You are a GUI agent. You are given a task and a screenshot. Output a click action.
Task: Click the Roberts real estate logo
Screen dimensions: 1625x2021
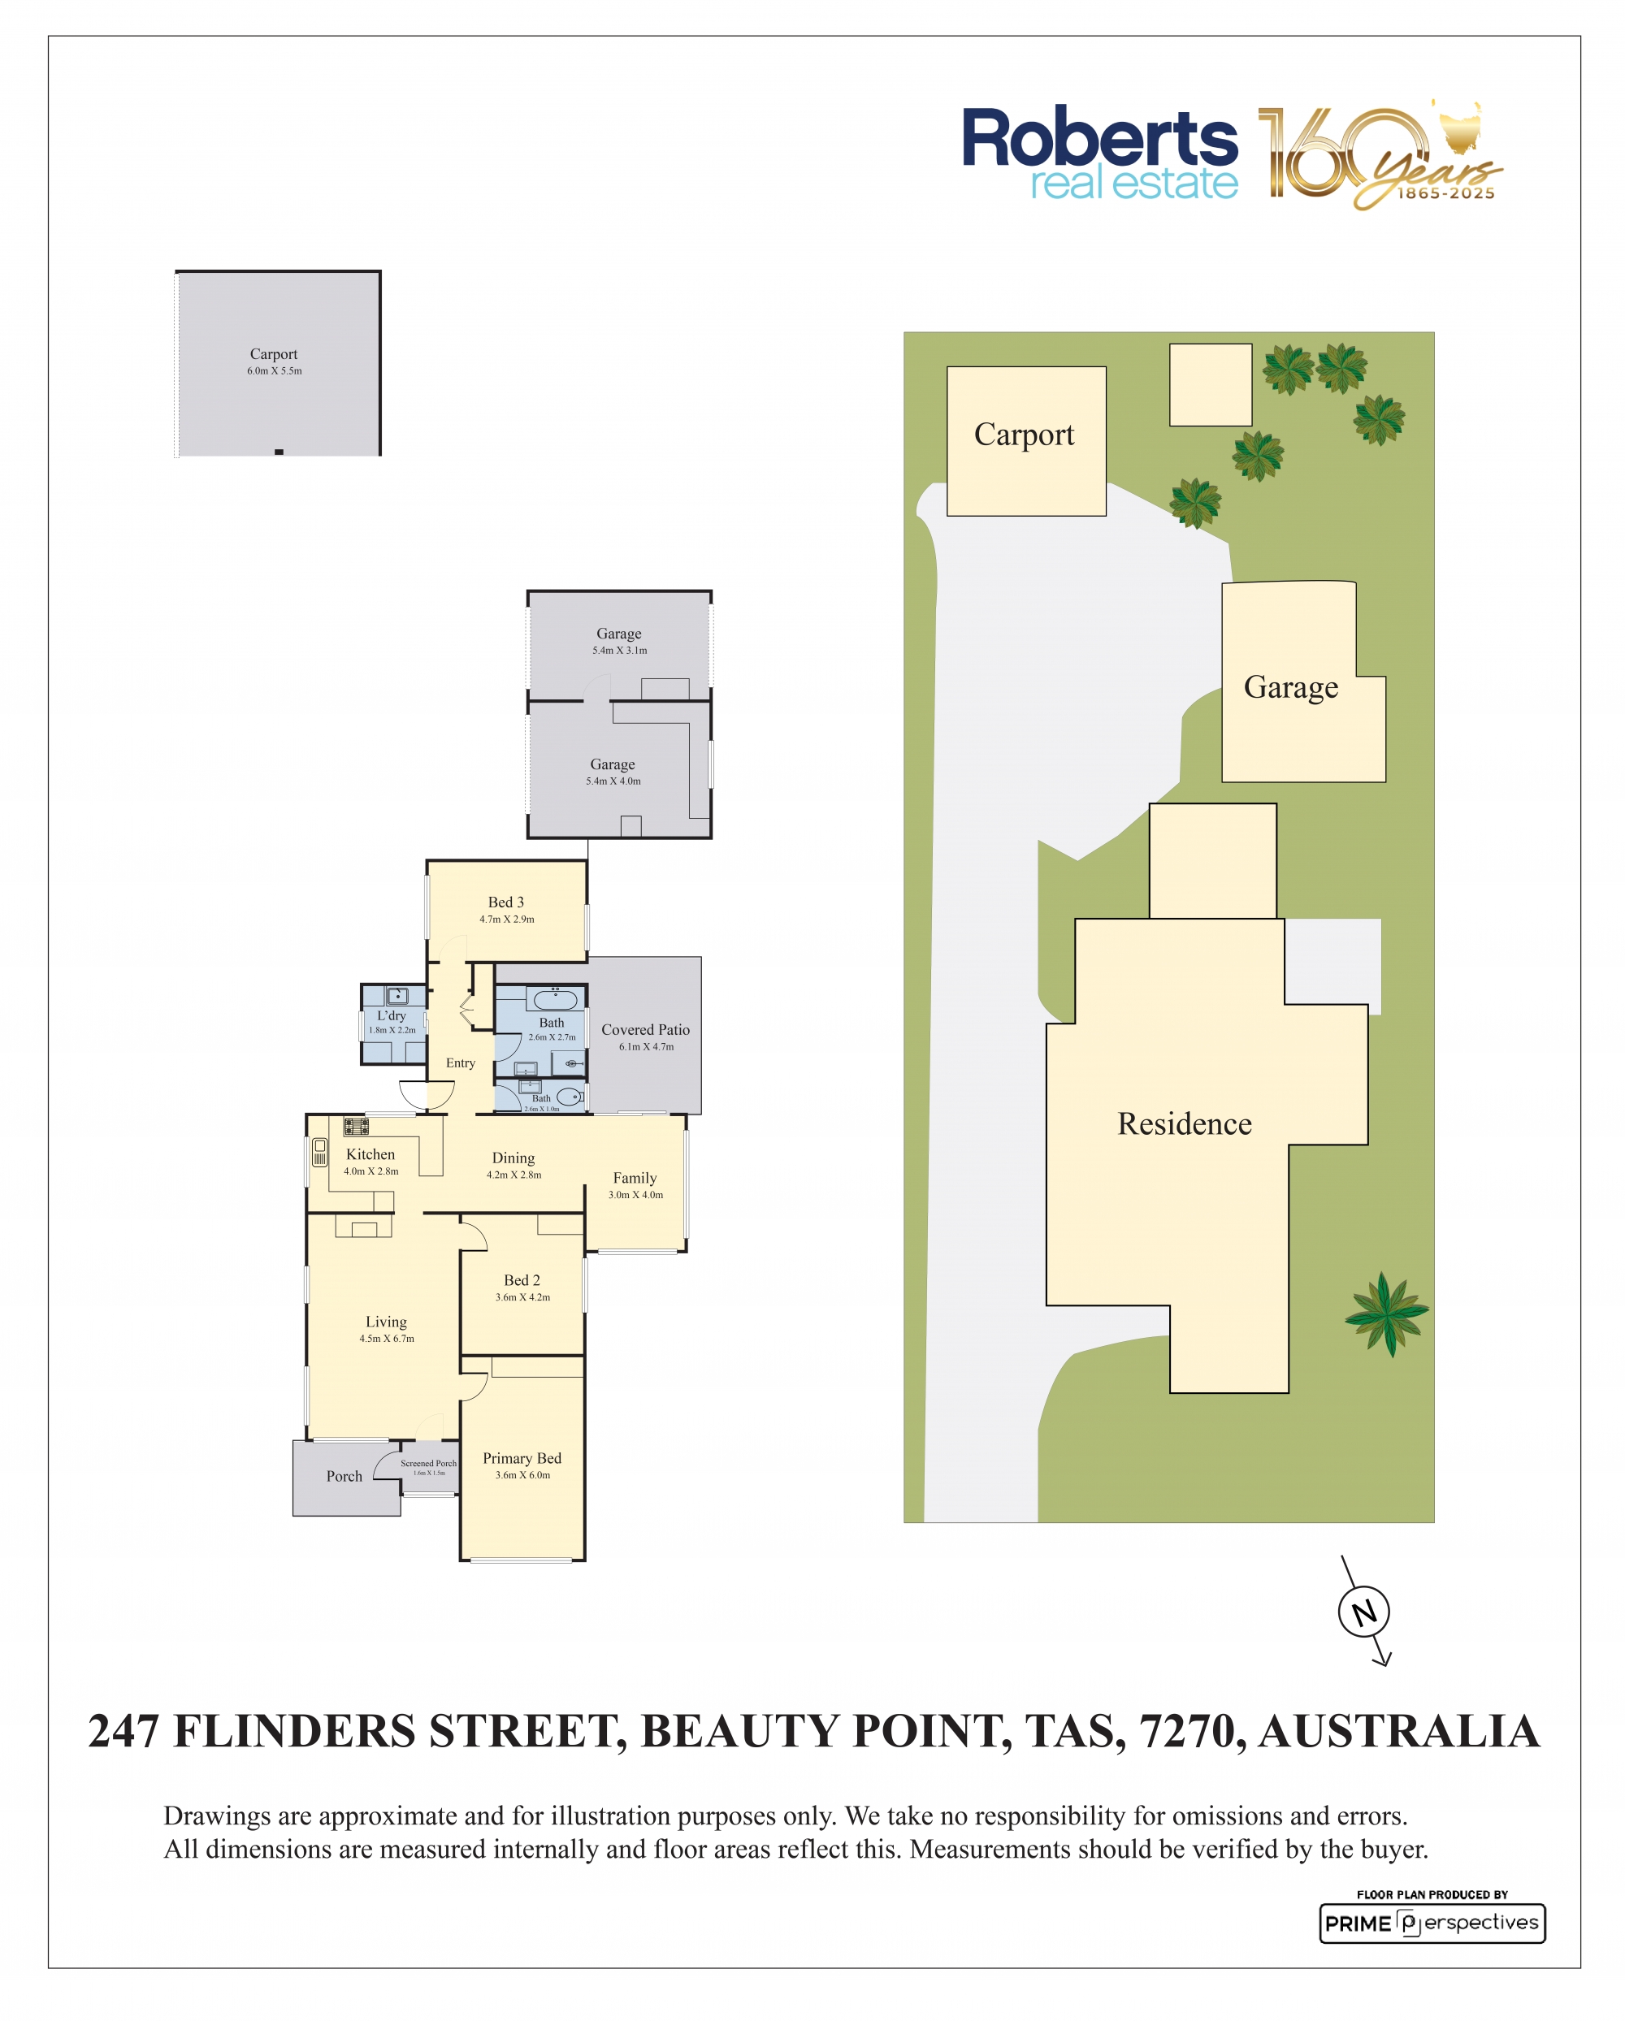tap(1099, 153)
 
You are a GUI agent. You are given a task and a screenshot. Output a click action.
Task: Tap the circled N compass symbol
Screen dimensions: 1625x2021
tap(1363, 1612)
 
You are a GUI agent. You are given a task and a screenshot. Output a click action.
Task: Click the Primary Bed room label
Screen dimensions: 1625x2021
tap(522, 1457)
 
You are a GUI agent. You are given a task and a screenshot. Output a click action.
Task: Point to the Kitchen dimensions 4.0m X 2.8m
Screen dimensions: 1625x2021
tap(370, 1171)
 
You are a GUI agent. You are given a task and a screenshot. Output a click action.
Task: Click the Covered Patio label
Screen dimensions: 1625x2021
tap(645, 1029)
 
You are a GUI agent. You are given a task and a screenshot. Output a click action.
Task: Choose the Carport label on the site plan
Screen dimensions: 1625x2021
tap(1024, 435)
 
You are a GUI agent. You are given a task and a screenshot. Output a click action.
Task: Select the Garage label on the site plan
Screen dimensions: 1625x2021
tap(1290, 687)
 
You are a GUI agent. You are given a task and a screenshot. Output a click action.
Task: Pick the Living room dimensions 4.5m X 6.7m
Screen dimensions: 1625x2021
tap(386, 1339)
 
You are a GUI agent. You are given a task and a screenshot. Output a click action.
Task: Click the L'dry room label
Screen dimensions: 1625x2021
tap(391, 1015)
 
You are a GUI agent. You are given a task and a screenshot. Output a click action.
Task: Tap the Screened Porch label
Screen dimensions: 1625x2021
tap(428, 1462)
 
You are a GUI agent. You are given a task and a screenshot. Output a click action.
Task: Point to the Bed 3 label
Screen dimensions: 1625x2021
tap(505, 902)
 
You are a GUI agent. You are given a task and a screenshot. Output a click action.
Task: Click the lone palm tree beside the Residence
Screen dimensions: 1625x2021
tap(1386, 1313)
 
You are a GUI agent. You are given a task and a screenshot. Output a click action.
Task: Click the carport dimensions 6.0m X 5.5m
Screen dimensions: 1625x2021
tap(275, 370)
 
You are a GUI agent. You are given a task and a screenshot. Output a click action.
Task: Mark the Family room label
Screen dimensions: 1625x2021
tap(635, 1177)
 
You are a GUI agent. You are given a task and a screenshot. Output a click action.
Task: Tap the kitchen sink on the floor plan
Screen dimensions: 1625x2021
tap(320, 1151)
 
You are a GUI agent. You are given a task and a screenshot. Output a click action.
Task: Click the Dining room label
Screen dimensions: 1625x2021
tap(513, 1158)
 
